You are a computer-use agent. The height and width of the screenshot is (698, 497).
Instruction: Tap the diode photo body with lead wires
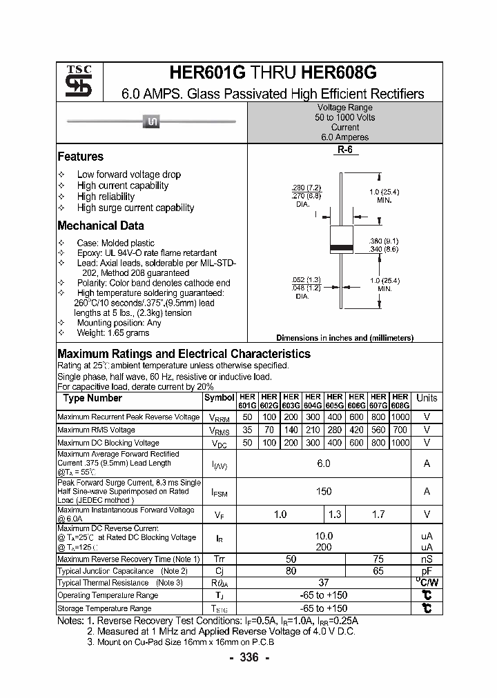coord(152,122)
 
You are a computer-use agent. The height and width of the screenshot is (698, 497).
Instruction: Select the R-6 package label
coord(344,150)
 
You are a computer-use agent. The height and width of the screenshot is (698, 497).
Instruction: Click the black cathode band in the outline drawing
coord(343,247)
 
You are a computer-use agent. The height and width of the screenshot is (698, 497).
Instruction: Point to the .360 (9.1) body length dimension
coord(384,241)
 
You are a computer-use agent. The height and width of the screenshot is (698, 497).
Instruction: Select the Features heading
coord(80,157)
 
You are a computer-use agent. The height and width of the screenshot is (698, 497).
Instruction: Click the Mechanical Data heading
coord(101,226)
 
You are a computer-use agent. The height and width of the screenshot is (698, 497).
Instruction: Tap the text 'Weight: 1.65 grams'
coord(113,333)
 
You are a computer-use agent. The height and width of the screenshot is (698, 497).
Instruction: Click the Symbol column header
coord(220,398)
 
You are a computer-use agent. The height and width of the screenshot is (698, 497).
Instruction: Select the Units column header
coord(427,398)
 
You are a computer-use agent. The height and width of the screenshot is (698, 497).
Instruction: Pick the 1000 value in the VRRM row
coord(400,417)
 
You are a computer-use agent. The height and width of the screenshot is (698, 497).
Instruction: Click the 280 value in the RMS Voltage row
coord(335,430)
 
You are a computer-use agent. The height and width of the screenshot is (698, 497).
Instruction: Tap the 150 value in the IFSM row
coord(323,491)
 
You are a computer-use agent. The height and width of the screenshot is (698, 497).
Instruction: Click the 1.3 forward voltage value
coord(335,514)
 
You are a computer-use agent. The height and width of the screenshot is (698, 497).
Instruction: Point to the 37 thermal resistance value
coord(323,583)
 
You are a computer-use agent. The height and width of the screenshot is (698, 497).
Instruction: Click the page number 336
coord(248,657)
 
